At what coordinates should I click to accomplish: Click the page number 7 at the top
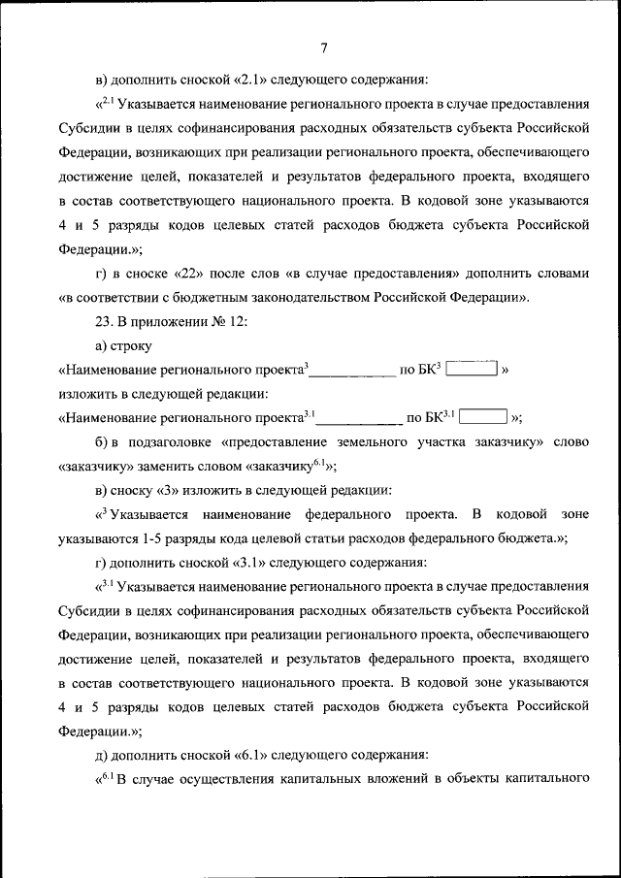pos(323,48)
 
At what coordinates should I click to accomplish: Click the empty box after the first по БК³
pos(472,370)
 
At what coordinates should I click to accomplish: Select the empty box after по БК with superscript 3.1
pos(482,418)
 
